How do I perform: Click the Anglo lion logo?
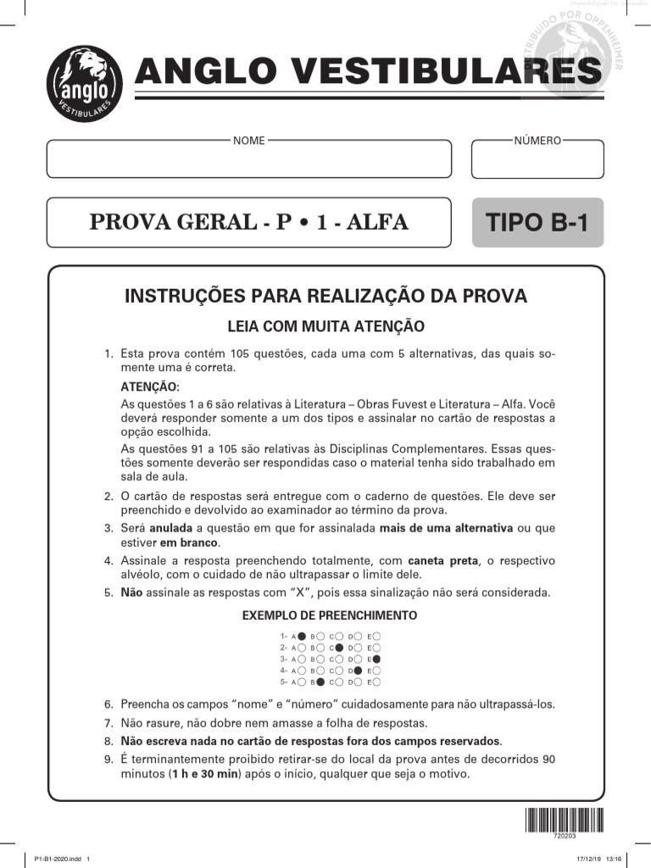(84, 83)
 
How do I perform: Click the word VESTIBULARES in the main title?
(439, 71)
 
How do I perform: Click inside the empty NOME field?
(248, 160)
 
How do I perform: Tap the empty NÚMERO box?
(537, 160)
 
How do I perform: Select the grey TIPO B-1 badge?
(537, 223)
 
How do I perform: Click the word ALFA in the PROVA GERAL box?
(375, 223)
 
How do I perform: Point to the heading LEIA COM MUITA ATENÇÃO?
(325, 326)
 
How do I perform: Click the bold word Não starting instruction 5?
(131, 593)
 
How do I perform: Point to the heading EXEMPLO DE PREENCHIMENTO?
(329, 615)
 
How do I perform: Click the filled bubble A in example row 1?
(301, 635)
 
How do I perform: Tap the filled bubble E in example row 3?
(376, 659)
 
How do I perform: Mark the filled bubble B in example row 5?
(320, 682)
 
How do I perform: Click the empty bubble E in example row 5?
(376, 682)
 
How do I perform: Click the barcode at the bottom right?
(564, 821)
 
